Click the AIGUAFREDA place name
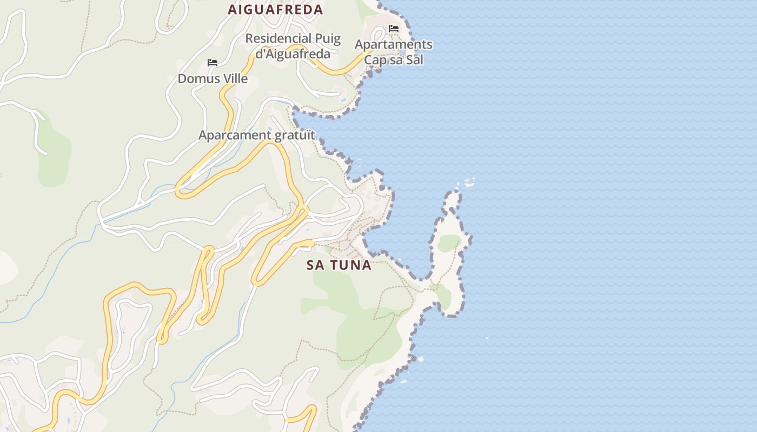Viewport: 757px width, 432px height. (275, 9)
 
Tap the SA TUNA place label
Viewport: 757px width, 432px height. (338, 265)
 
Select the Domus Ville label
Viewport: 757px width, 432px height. (213, 79)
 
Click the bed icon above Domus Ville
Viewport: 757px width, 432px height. (213, 63)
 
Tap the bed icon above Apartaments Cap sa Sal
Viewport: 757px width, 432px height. (394, 29)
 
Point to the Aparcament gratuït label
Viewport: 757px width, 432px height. (256, 135)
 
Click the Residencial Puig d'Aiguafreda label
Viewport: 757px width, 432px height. (293, 46)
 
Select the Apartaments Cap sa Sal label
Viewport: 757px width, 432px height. (393, 52)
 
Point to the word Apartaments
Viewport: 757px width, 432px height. (393, 44)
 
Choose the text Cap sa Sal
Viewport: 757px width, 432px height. (393, 59)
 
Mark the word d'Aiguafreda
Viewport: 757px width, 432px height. (293, 53)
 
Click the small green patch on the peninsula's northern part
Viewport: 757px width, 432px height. (449, 243)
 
